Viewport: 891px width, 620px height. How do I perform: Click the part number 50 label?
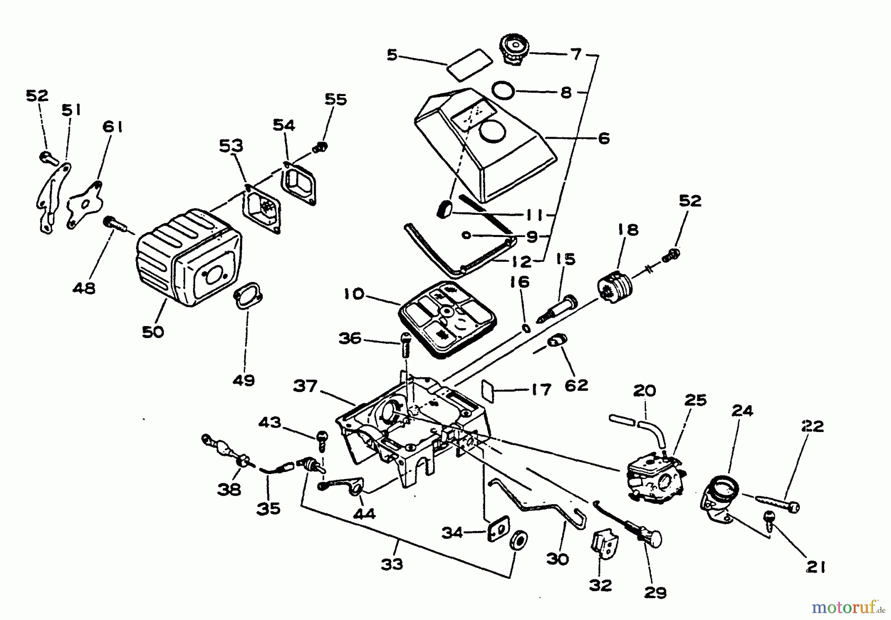(152, 332)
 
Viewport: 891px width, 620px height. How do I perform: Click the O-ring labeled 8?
(503, 91)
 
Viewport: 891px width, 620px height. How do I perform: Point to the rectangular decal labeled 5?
(469, 63)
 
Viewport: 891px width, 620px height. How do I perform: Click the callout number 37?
(305, 386)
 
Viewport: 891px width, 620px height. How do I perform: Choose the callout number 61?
(112, 127)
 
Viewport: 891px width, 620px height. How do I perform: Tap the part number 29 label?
(655, 592)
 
